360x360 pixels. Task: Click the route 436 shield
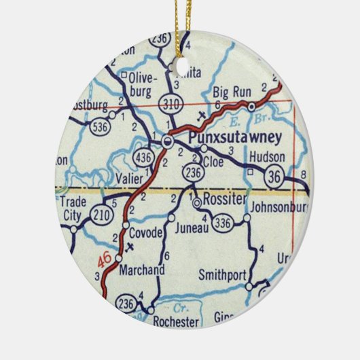click(143, 157)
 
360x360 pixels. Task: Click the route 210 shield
click(101, 215)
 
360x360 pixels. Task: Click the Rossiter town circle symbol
click(197, 202)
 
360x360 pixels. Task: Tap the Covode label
click(146, 233)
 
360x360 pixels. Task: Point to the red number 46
click(104, 259)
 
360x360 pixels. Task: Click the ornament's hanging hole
click(183, 67)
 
